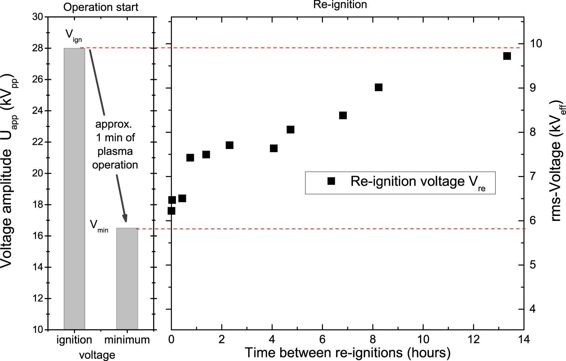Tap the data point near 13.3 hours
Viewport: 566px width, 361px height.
point(507,56)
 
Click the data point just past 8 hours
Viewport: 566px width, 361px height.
point(379,87)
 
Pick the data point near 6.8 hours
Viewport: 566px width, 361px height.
point(343,116)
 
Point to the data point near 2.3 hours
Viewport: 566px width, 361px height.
point(230,145)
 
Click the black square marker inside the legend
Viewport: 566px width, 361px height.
point(331,181)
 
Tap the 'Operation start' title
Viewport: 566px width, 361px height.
point(101,7)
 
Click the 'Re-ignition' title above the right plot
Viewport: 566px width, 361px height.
point(340,5)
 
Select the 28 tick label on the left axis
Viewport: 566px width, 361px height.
point(37,48)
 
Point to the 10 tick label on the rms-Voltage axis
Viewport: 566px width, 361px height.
point(536,44)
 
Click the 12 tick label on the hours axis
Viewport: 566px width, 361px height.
point(473,339)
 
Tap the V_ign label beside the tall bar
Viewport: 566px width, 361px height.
point(73,35)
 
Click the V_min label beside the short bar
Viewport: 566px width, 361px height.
point(98,226)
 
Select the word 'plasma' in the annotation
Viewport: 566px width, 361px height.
point(115,151)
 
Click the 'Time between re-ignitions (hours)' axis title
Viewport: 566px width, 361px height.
point(348,353)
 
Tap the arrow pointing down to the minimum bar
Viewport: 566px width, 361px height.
point(121,198)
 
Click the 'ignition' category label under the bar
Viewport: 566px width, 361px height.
point(74,340)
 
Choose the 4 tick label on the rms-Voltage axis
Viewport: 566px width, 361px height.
point(532,309)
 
